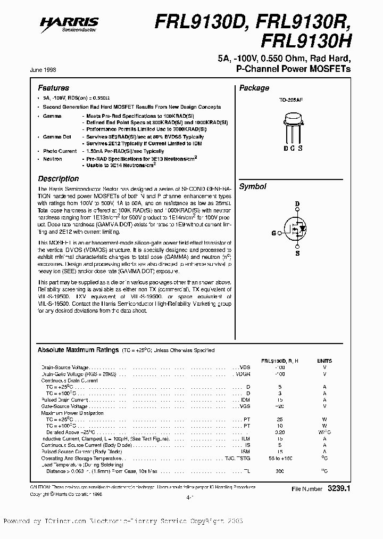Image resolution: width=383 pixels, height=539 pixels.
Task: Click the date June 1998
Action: pyautogui.click(x=48, y=70)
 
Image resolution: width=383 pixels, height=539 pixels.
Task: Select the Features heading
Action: pyautogui.click(x=53, y=88)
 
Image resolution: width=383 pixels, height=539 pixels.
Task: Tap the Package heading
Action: pyautogui.click(x=254, y=88)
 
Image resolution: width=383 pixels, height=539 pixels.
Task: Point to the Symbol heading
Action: pyautogui.click(x=252, y=186)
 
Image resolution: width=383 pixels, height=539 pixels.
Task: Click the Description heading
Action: pyautogui.click(x=58, y=179)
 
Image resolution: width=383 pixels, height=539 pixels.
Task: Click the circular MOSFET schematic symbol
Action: pyautogui.click(x=297, y=228)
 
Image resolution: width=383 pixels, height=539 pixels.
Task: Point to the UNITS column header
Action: pyautogui.click(x=324, y=361)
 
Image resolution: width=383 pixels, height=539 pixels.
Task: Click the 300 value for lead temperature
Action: pyautogui.click(x=280, y=471)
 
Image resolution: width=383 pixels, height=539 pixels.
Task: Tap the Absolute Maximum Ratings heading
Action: pyautogui.click(x=78, y=350)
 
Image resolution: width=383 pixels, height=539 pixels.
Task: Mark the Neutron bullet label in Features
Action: pyautogui.click(x=52, y=159)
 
